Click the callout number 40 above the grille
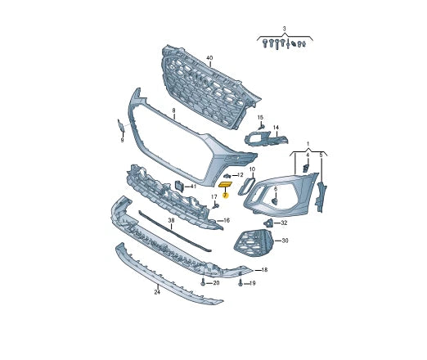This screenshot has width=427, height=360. [x=209, y=58]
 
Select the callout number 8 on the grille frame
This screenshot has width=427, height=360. [x=173, y=110]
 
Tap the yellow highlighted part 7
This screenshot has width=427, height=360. [x=225, y=185]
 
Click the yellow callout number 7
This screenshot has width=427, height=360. [x=225, y=196]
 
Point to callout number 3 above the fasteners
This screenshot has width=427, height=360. [x=284, y=29]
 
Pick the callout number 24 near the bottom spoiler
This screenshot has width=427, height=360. [x=157, y=292]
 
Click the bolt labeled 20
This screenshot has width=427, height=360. [x=203, y=282]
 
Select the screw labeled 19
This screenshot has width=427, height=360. [x=240, y=283]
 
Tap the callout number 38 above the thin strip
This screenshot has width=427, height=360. [x=171, y=220]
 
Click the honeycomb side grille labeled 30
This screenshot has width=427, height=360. [x=254, y=243]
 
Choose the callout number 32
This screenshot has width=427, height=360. [x=284, y=223]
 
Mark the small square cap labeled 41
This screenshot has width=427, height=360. [x=179, y=186]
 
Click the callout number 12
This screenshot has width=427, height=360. [x=240, y=175]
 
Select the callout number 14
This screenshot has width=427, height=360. [x=276, y=128]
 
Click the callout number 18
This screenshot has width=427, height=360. [x=264, y=270]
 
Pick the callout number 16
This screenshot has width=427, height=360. [x=227, y=220]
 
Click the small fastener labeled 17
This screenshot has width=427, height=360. [x=216, y=205]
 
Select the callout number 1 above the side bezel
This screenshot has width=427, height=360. [x=308, y=144]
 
